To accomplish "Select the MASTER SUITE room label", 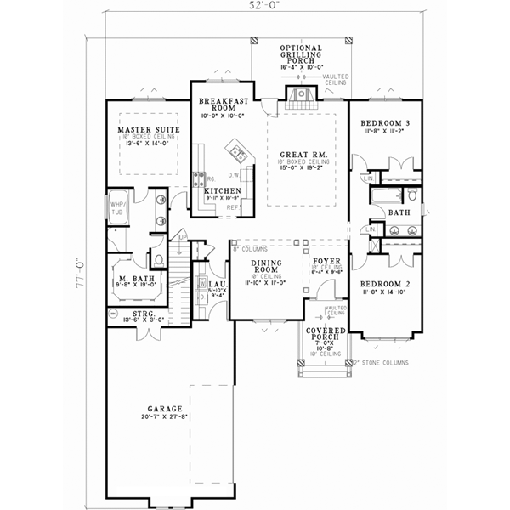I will click(x=146, y=129).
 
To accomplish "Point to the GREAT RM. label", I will click(x=298, y=155).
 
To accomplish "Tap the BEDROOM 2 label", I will click(x=382, y=284).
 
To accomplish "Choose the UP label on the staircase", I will click(x=183, y=237).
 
